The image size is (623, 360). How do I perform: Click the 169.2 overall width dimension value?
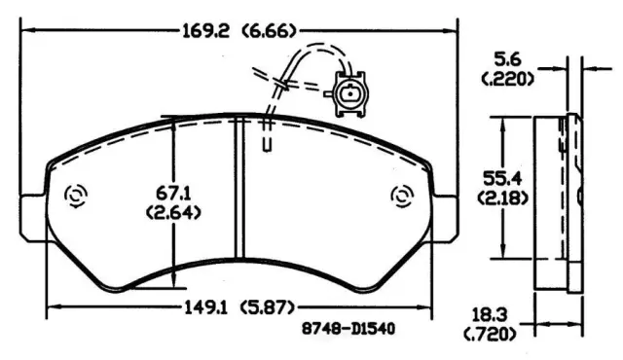(x=205, y=30)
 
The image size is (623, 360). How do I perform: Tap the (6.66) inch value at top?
(x=269, y=30)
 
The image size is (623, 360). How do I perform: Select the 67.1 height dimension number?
(x=173, y=194)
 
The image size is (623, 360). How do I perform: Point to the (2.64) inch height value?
(x=173, y=213)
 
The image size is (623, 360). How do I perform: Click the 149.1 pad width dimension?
(x=205, y=307)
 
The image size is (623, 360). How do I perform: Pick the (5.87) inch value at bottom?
(x=268, y=307)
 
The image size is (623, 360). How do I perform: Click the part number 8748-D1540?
(x=348, y=329)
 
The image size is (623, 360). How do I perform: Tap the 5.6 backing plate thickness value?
(x=507, y=60)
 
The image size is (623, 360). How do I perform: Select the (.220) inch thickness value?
(x=507, y=80)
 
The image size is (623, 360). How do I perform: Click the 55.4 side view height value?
(x=502, y=178)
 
